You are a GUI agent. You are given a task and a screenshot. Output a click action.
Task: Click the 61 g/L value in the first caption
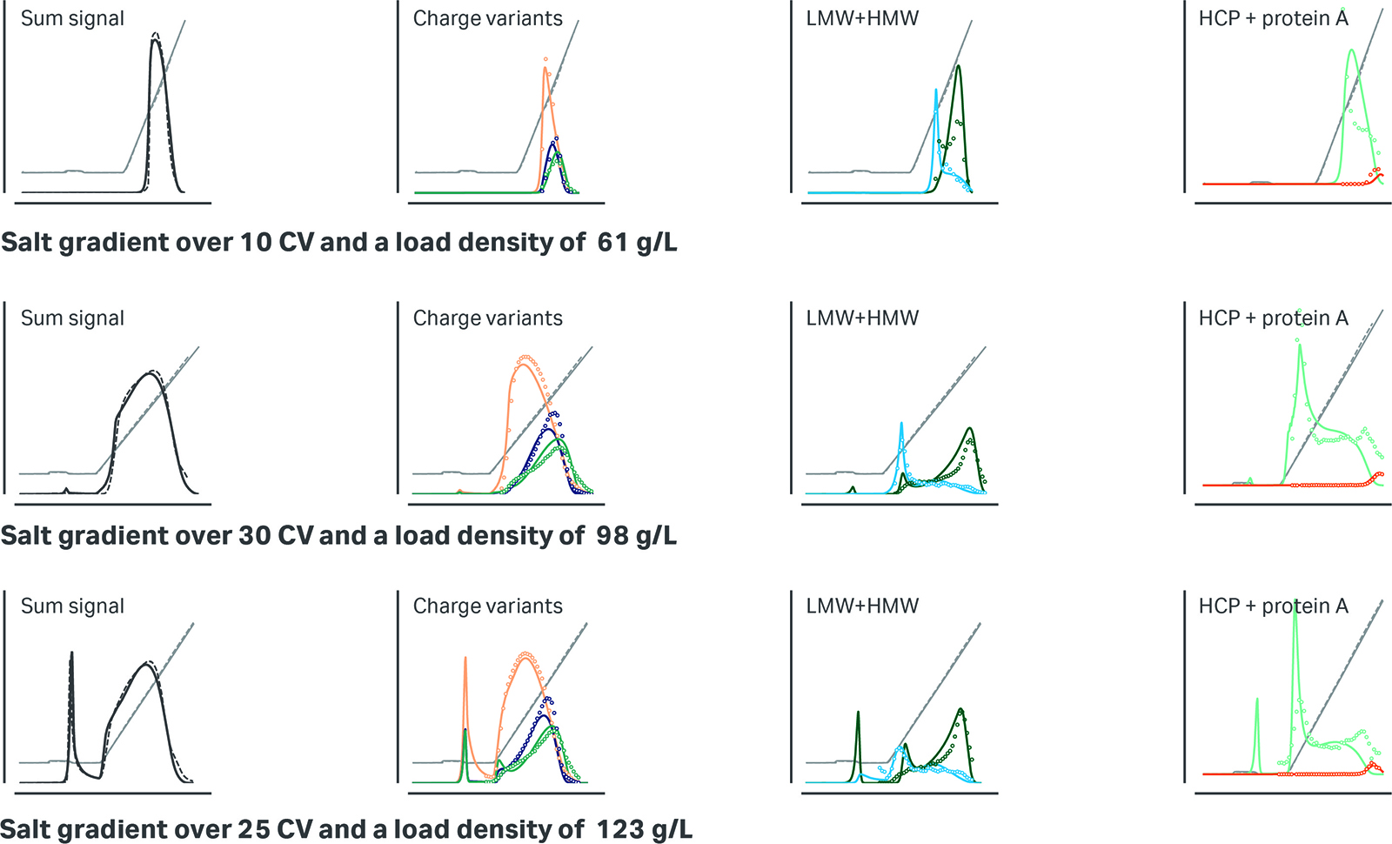click(x=637, y=243)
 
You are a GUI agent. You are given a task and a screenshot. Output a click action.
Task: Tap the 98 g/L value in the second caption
click(x=636, y=536)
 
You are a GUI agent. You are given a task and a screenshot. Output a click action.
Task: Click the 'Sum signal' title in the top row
click(x=72, y=18)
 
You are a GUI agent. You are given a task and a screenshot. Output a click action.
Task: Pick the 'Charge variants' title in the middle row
click(x=487, y=318)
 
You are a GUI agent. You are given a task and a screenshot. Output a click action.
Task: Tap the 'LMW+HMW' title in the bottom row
click(x=862, y=606)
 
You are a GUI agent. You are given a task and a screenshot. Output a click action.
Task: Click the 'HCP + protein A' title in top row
click(x=1273, y=18)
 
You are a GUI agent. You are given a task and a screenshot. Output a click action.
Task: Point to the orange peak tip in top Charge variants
click(x=545, y=68)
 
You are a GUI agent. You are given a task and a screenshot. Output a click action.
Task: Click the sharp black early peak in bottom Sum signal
click(x=71, y=654)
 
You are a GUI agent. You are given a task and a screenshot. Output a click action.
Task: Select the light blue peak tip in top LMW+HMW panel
click(x=936, y=90)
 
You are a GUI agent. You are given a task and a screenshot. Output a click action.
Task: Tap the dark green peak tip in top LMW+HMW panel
click(x=958, y=67)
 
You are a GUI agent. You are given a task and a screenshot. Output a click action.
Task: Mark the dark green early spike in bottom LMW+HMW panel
click(x=858, y=713)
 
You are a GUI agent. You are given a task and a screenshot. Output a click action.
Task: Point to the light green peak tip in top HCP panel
click(x=1351, y=50)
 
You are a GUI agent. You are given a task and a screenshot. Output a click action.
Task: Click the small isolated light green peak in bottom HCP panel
click(x=1257, y=699)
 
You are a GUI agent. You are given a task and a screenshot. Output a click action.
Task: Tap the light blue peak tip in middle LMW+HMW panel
click(x=901, y=425)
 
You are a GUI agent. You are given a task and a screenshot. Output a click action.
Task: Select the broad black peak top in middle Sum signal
click(x=151, y=372)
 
